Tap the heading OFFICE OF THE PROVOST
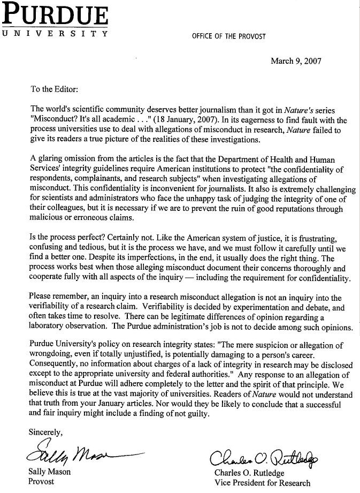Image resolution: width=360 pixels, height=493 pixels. point(229,36)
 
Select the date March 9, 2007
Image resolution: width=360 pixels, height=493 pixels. point(296,60)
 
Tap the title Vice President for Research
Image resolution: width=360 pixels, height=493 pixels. point(262,483)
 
